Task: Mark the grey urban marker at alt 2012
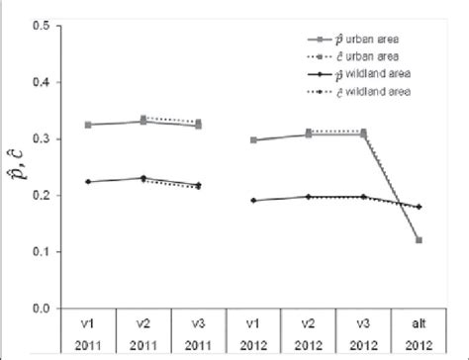pyautogui.click(x=419, y=240)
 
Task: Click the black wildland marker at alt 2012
pyautogui.click(x=419, y=207)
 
